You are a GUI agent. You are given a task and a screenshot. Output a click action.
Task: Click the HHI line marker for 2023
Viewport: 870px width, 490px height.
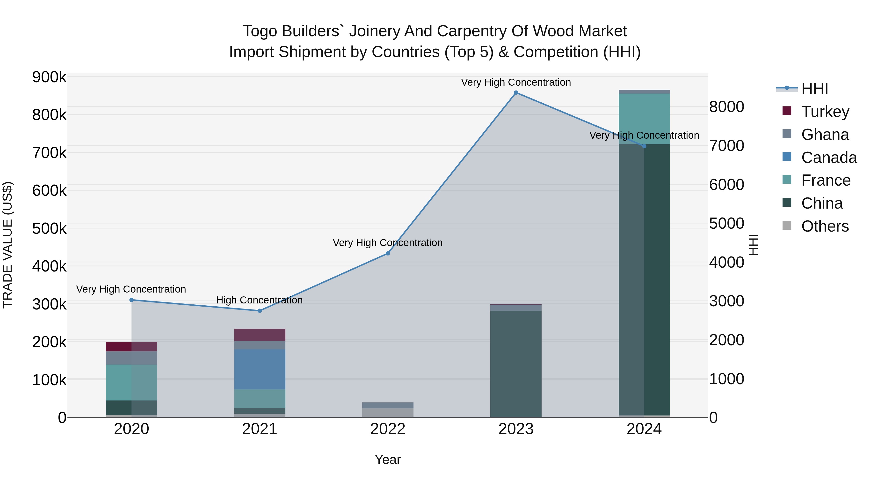pyautogui.click(x=516, y=93)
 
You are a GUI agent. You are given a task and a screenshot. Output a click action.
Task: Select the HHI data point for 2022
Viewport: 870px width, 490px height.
pyautogui.click(x=388, y=253)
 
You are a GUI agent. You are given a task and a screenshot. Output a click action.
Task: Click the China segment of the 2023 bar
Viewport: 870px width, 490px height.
pyautogui.click(x=516, y=363)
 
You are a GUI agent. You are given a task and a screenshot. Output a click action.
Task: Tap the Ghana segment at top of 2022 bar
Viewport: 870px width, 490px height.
pyautogui.click(x=388, y=405)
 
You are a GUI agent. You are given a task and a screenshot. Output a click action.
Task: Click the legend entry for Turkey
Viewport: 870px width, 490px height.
pyautogui.click(x=825, y=112)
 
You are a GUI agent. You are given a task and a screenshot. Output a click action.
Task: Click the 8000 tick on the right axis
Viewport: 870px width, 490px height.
pyautogui.click(x=726, y=107)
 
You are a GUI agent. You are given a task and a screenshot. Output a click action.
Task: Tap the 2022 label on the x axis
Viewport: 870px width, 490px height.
pyautogui.click(x=388, y=429)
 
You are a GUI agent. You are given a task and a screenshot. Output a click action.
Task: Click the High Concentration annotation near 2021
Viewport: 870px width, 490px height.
pyautogui.click(x=259, y=300)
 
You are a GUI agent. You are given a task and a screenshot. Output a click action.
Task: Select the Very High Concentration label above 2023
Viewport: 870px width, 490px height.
pyautogui.click(x=516, y=82)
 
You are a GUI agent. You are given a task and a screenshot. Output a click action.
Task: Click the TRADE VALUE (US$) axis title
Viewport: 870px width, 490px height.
pyautogui.click(x=8, y=245)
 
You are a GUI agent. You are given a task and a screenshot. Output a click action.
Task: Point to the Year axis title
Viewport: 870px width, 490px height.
pyautogui.click(x=388, y=460)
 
